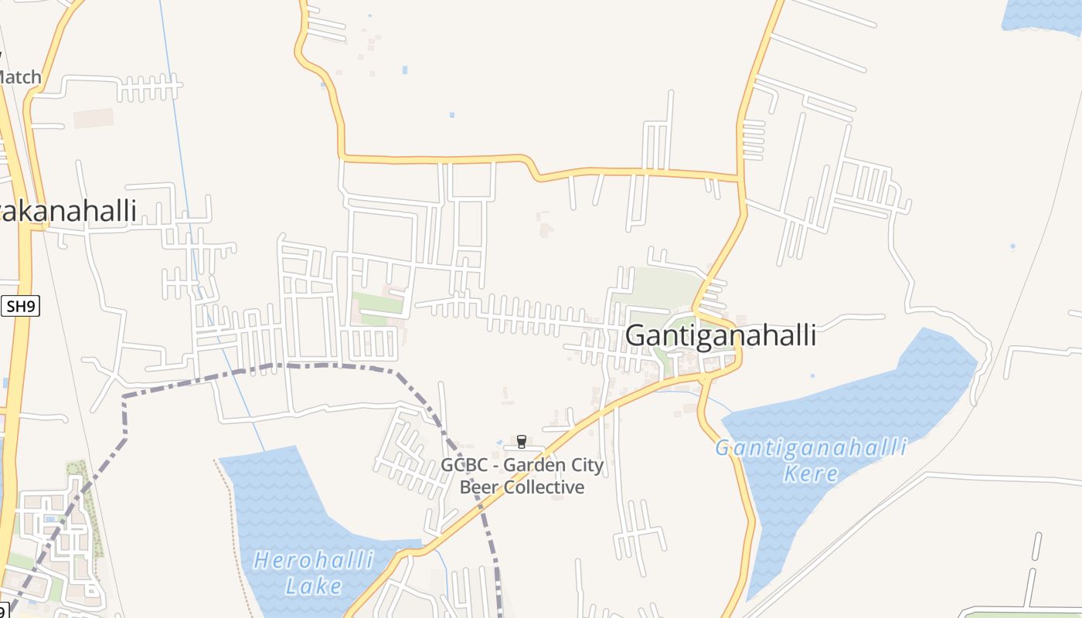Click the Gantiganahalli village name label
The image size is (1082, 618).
pos(720,336)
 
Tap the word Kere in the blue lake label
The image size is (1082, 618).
pos(810,473)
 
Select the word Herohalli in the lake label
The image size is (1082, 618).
pos(315,561)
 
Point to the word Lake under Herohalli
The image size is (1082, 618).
pos(313,586)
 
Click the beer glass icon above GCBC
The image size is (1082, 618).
pos(521,442)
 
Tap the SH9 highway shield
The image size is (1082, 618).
pos(21,307)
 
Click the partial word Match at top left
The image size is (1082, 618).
pos(19,77)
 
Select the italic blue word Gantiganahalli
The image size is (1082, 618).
pos(810,448)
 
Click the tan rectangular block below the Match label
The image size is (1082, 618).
pos(93,118)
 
